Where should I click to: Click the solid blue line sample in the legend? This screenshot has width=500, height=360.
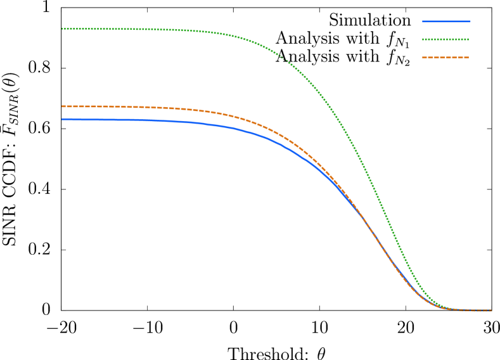coord(446,22)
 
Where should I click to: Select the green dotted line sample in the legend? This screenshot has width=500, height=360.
coord(446,39)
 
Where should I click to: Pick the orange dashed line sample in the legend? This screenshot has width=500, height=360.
coord(446,58)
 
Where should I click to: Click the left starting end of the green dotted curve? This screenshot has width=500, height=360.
coord(62,29)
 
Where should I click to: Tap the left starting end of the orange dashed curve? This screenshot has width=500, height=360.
coord(62,106)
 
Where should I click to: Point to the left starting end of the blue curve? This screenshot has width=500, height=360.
coord(62,119)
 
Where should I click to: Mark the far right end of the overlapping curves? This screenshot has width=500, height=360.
coord(491,311)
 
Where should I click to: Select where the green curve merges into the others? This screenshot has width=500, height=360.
coord(444,307)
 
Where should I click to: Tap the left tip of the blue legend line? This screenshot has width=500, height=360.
coord(423,22)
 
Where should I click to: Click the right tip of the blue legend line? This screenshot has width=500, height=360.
coord(470,22)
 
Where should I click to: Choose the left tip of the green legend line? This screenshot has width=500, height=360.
coord(423,39)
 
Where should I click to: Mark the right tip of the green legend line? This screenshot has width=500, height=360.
coord(469,39)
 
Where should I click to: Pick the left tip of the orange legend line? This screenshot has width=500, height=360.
coord(423,58)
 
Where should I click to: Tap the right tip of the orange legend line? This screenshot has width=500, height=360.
coord(469,58)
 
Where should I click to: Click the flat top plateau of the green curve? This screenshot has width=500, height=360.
coord(127,29)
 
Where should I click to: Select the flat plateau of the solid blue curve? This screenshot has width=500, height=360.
coord(127,120)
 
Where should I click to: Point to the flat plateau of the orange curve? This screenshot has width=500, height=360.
coord(127,107)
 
